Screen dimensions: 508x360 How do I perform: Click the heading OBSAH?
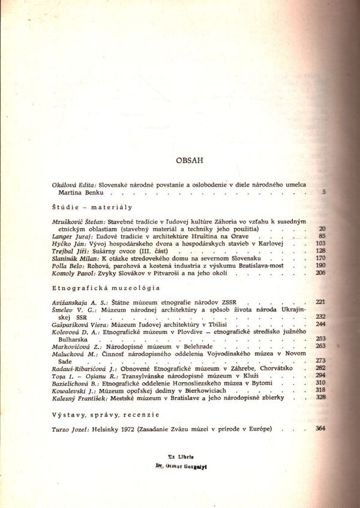pos(190,160)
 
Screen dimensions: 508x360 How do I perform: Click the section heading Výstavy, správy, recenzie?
pos(106,414)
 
